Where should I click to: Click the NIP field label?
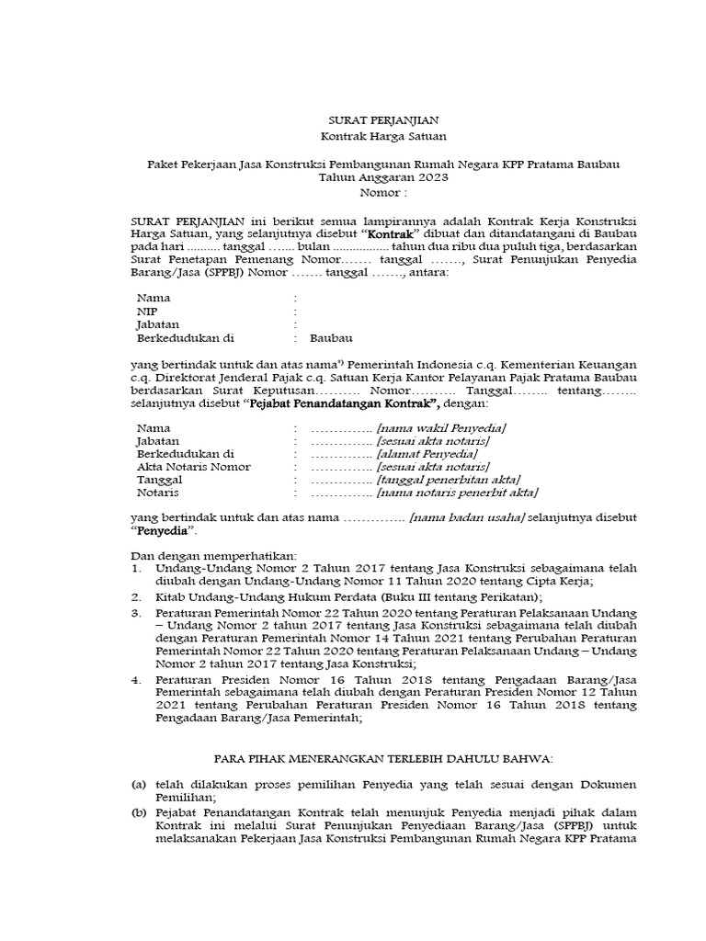pos(146,312)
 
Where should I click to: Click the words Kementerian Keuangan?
pos(580,365)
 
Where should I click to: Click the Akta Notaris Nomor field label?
pos(193,467)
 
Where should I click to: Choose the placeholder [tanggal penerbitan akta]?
pos(449,480)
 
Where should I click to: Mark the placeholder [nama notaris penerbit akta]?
pos(457,493)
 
